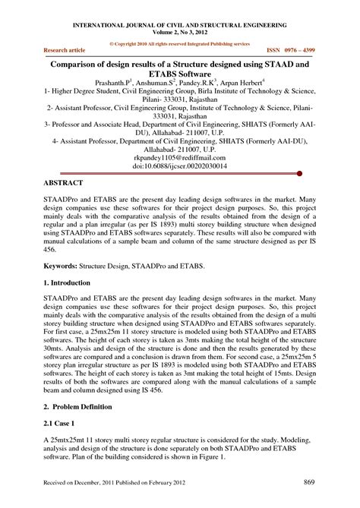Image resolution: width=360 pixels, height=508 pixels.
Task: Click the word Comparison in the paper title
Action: click(81, 65)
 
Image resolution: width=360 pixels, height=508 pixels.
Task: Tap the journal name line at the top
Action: click(180, 24)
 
